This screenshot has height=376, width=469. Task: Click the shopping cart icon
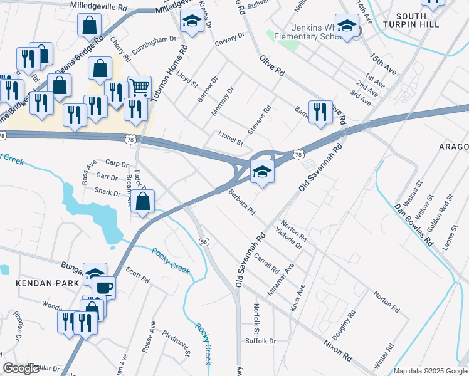click(139, 86)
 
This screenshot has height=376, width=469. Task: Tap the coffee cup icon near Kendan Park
click(104, 287)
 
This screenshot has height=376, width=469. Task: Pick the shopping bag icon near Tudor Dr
click(143, 201)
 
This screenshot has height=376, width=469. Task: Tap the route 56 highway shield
click(204, 241)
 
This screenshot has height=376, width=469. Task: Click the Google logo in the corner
click(21, 368)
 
